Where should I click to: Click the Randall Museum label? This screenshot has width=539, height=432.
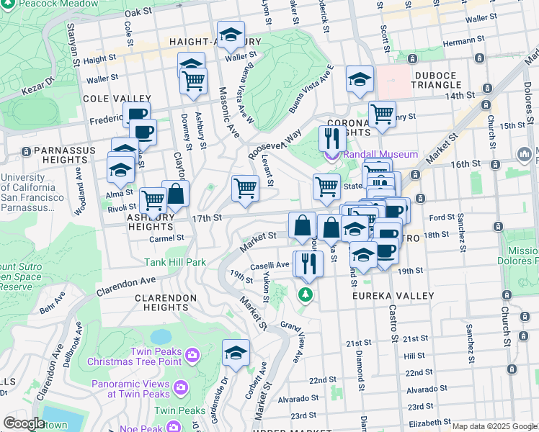click(381, 154)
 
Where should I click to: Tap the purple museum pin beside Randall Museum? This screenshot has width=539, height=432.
click(331, 155)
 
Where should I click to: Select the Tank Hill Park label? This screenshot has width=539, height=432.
click(175, 263)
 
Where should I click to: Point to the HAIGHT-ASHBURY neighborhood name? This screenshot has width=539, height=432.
click(208, 42)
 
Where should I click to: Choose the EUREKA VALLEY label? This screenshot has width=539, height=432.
click(393, 296)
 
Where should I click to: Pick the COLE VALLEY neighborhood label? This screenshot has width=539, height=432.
click(117, 99)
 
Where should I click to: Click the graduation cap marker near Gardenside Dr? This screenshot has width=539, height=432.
click(236, 354)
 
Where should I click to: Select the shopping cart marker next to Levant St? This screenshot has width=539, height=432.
click(245, 189)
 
